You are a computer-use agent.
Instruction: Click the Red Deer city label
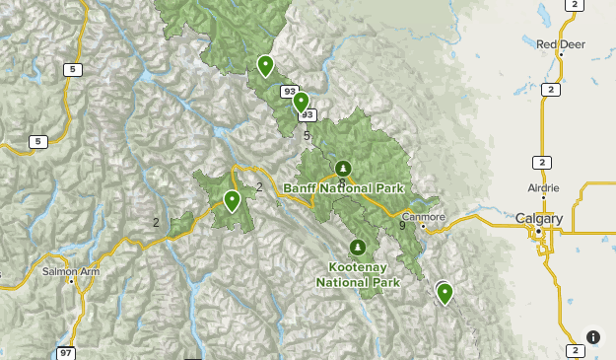tap(561, 43)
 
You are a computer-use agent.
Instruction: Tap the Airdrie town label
tap(543, 187)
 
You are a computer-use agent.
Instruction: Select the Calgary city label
tap(539, 218)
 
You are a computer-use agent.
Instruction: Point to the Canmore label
tap(425, 217)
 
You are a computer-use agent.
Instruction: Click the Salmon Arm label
tap(65, 269)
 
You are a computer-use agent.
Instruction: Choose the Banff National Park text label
tap(344, 187)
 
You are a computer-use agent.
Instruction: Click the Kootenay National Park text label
tap(358, 274)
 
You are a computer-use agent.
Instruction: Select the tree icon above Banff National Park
tap(343, 168)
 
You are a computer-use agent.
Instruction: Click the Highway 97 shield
tap(66, 352)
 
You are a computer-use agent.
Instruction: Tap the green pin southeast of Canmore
tap(445, 292)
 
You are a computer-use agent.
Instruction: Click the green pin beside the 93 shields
tap(301, 101)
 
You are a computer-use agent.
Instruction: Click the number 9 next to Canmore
tap(402, 226)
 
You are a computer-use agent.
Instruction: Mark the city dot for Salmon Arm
tap(72, 281)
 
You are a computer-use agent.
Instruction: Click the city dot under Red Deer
tap(560, 54)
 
